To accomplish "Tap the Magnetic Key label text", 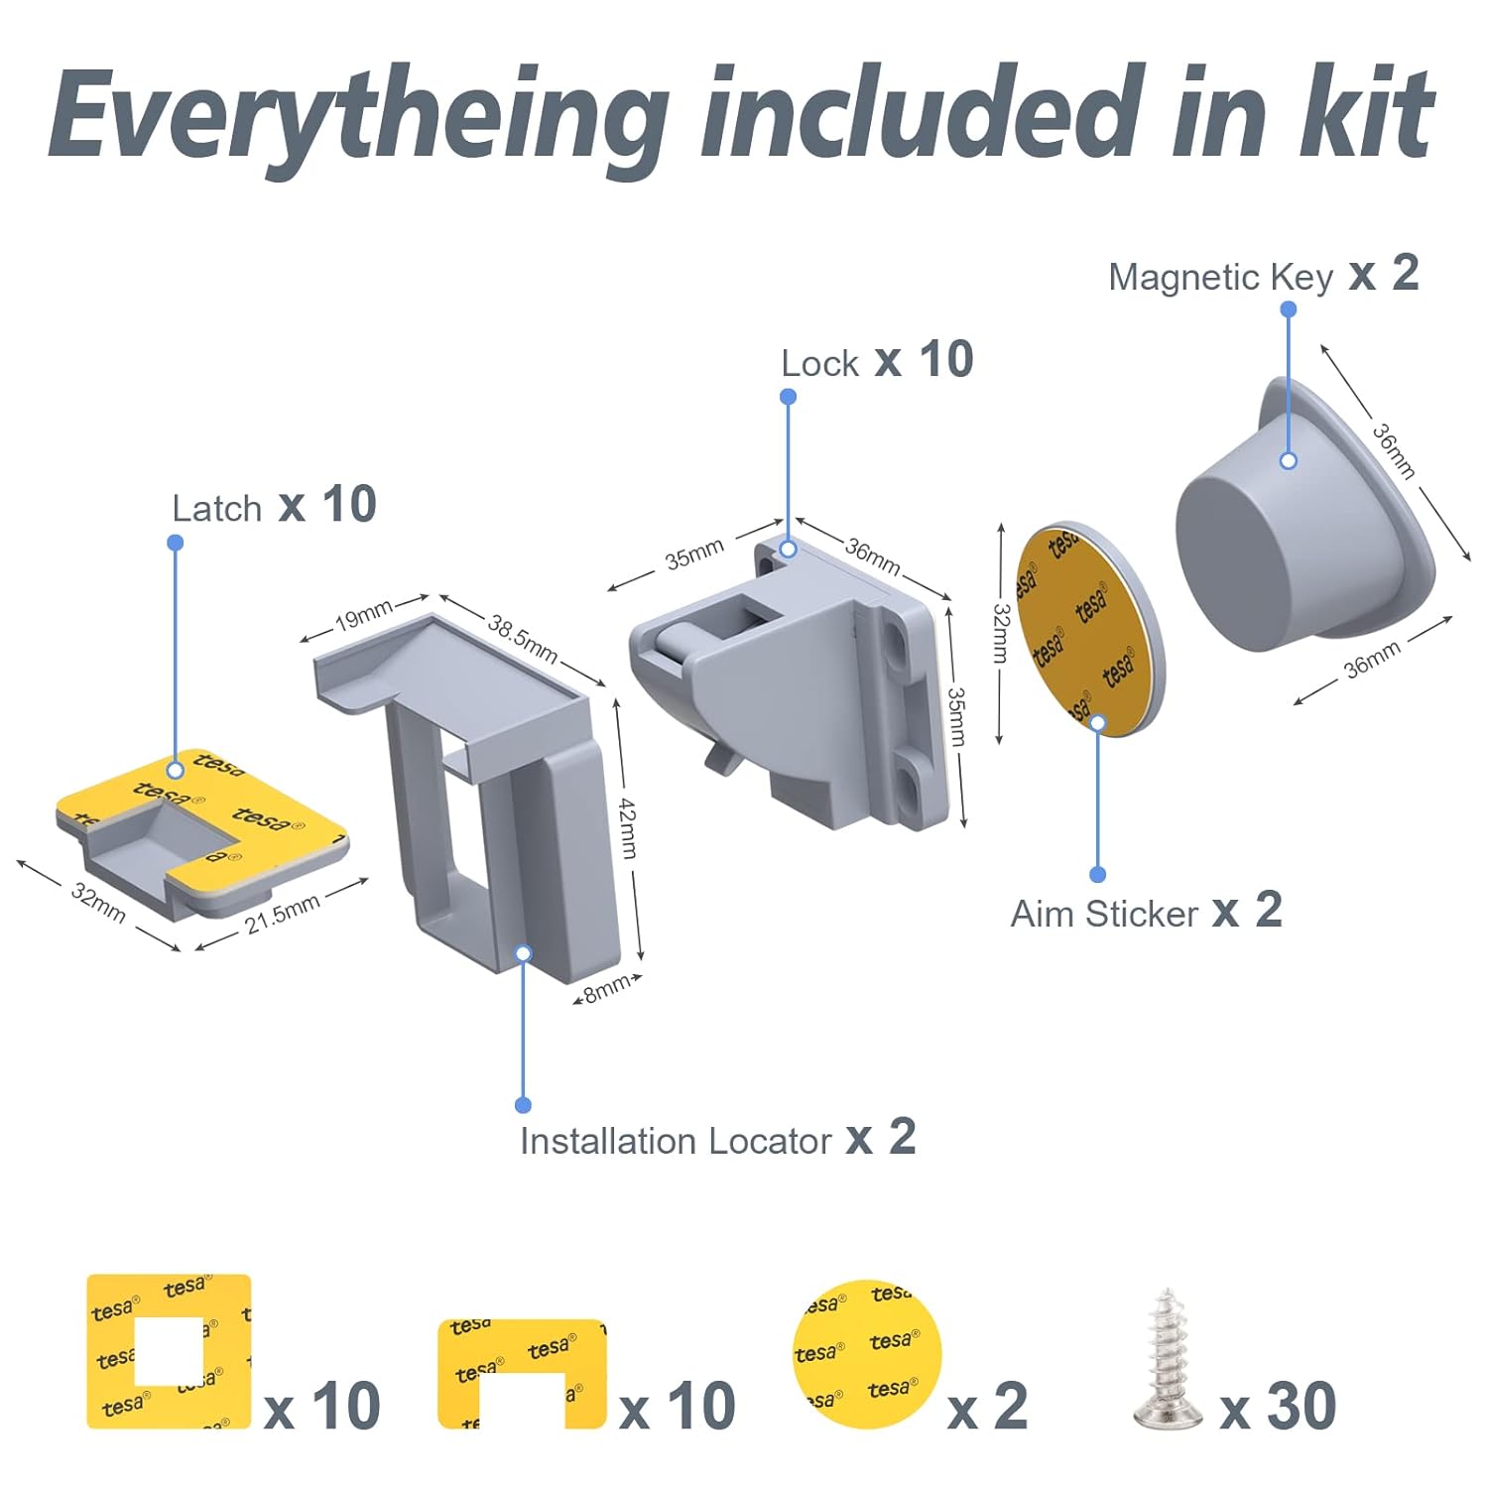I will click(1220, 277).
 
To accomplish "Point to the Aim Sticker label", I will click(1104, 914).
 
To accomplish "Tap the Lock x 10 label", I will click(876, 361).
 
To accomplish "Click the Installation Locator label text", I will click(675, 1142).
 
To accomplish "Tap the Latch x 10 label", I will click(273, 506).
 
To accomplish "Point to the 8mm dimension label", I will click(605, 988).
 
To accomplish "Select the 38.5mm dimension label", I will click(522, 638).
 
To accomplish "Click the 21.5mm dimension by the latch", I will click(282, 913).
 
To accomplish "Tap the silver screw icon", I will click(1169, 1359).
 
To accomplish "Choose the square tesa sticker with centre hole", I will click(169, 1351).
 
